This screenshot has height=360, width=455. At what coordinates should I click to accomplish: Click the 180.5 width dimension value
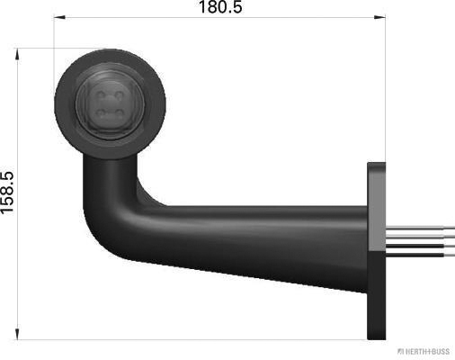pos(219,8)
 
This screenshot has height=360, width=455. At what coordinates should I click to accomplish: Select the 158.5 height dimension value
pos(9,194)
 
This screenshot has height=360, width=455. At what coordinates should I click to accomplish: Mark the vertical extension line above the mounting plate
pos(386,90)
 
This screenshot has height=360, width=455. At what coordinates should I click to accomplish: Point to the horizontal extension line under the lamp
pos(180,339)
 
